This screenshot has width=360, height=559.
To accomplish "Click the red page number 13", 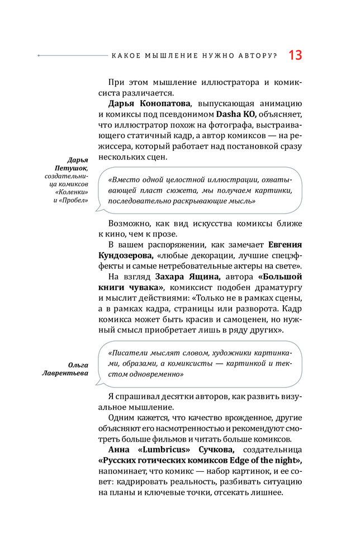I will [x=295, y=55].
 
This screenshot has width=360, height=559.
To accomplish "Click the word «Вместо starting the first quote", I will [x=121, y=181].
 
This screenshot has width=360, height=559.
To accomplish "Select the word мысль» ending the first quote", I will [x=242, y=200].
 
